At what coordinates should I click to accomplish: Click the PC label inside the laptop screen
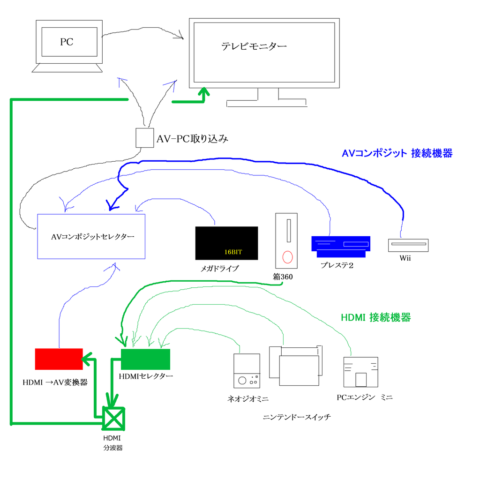[x=67, y=42]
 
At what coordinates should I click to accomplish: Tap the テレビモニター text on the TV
[x=254, y=46]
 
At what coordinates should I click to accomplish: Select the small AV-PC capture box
[x=144, y=138]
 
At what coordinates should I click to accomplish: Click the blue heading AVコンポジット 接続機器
[x=397, y=153]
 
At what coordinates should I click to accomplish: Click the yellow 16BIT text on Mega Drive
[x=233, y=252]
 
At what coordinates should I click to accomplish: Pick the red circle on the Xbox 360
[x=287, y=257]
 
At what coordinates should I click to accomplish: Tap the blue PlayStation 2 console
[x=341, y=246]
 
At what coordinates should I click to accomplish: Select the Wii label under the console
[x=405, y=258]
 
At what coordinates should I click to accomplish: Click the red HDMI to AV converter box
[x=59, y=359]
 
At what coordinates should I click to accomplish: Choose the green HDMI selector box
[x=145, y=360]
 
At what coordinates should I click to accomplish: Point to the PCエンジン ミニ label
[x=364, y=397]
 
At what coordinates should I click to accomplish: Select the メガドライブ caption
[x=220, y=269]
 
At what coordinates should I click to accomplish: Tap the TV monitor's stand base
[x=266, y=103]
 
